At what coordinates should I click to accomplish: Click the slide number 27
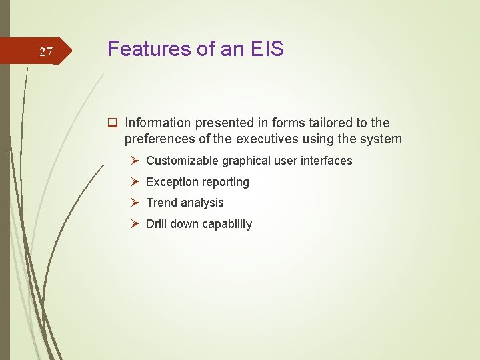[x=46, y=52]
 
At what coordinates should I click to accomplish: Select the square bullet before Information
[x=113, y=123]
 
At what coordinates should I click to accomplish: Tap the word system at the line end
[x=381, y=139]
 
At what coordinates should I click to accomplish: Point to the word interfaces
[x=327, y=161]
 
